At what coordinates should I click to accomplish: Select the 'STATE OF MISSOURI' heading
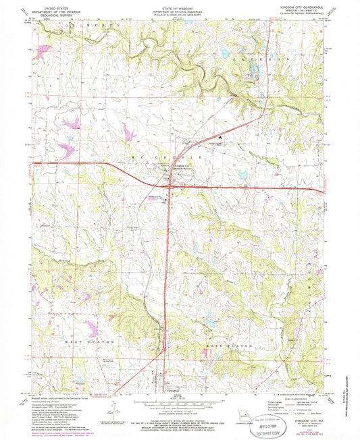(178, 5)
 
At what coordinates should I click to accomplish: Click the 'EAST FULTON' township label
(234, 345)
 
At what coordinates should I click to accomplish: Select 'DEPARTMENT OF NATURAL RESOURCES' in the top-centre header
(178, 9)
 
